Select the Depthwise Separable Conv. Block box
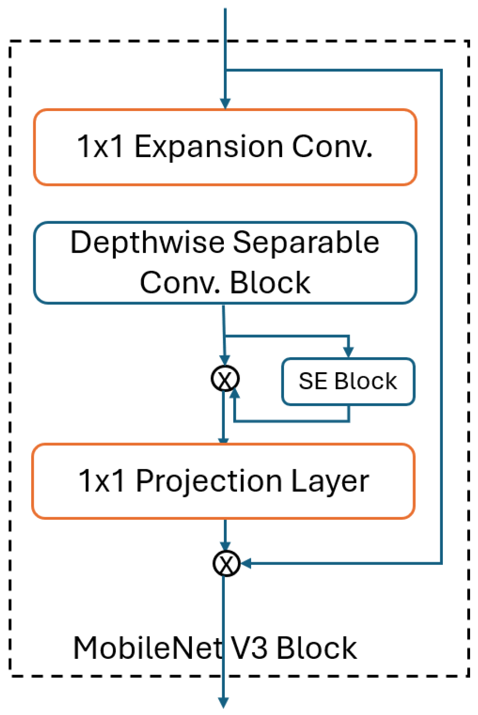225,262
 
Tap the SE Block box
348,381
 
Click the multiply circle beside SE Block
225,378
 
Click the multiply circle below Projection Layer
226,564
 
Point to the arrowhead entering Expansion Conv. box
225,104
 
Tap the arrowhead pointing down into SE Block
349,352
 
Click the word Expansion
208,147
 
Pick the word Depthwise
147,242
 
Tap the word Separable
306,242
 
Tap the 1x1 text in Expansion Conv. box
101,147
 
